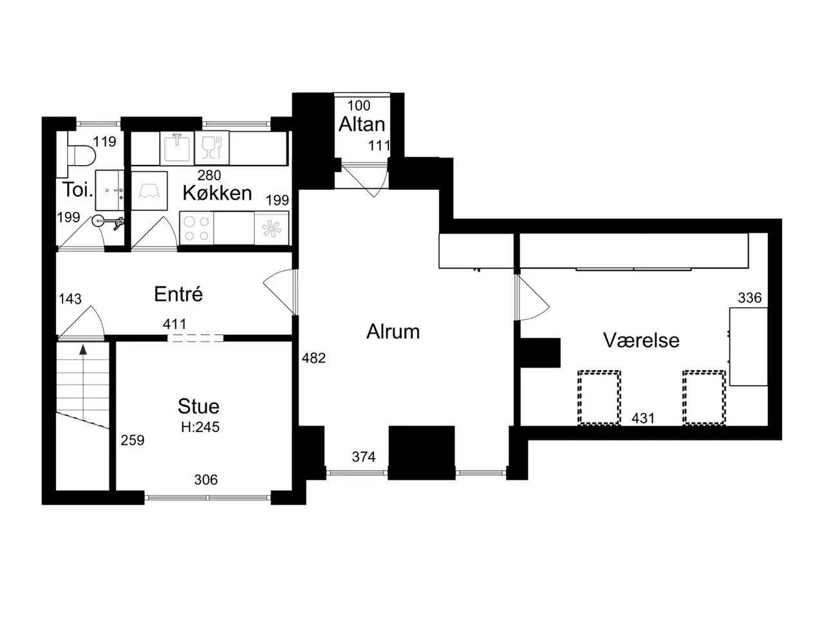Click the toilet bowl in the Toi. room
click(82, 155)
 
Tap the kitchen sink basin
click(177, 148)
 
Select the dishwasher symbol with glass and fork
click(212, 148)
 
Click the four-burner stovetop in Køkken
click(197, 228)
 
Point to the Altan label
click(362, 124)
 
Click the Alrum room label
click(393, 332)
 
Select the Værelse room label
click(641, 341)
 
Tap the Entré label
click(178, 294)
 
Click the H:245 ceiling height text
click(200, 427)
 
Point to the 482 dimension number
click(314, 359)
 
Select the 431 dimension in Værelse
click(643, 418)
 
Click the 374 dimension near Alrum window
click(364, 456)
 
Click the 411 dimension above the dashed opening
click(174, 324)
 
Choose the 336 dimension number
click(750, 298)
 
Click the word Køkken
click(217, 193)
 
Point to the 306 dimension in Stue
click(206, 480)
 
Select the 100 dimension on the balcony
click(359, 106)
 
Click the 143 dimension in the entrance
click(70, 299)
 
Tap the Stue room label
click(198, 406)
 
